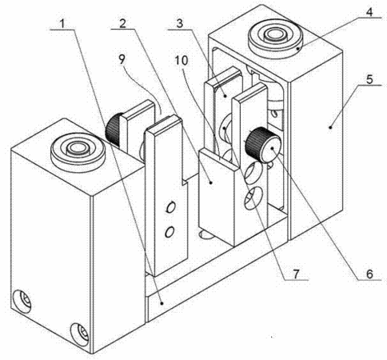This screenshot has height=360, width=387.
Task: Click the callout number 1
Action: (x=62, y=23)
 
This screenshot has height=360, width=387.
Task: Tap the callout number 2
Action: (x=122, y=23)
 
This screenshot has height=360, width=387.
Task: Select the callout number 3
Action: (x=180, y=23)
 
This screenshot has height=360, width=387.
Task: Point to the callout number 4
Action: (x=369, y=11)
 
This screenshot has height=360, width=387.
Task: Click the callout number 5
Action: (x=369, y=79)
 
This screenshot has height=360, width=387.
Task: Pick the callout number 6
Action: (x=369, y=274)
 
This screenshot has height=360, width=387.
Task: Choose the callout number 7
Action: (x=297, y=274)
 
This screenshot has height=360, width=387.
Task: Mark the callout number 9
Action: (x=122, y=59)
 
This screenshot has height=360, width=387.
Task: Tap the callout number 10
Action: (x=182, y=61)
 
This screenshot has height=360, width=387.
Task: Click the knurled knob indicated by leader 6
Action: (x=263, y=145)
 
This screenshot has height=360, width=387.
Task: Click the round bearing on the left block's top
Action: (x=78, y=151)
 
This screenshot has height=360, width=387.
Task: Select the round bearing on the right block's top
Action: (x=276, y=38)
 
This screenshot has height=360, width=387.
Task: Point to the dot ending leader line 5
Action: (x=330, y=127)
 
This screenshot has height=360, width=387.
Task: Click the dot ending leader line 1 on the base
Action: (x=162, y=303)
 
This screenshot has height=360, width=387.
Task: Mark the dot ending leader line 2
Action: (x=210, y=182)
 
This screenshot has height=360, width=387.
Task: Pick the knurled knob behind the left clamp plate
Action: (x=113, y=130)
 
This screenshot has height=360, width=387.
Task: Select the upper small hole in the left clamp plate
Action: (x=170, y=207)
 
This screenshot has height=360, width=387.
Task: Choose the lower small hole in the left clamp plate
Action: (x=169, y=231)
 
